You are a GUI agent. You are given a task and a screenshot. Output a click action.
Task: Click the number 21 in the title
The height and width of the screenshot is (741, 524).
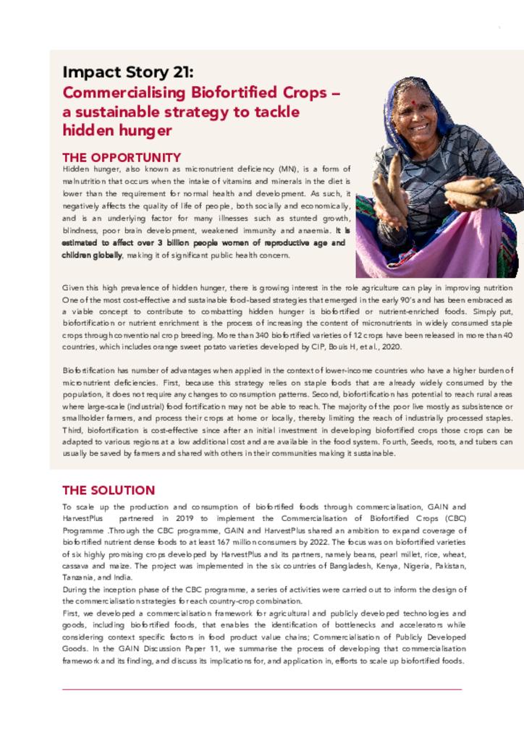coord(181,72)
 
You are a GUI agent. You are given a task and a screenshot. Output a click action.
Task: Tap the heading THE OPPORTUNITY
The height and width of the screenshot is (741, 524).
coord(122,157)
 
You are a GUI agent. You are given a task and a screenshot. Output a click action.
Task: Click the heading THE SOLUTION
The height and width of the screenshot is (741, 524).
coord(109,490)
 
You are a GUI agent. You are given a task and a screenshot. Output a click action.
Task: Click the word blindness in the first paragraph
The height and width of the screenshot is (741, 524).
coord(80,232)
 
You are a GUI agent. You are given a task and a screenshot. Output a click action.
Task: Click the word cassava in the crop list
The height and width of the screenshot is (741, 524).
coord(77,565)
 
